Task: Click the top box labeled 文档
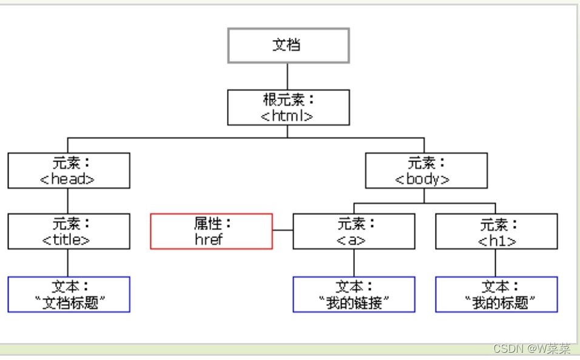[x=288, y=45]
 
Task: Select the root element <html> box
[x=288, y=107]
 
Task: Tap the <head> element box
[x=69, y=171]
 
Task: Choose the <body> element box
[x=425, y=171]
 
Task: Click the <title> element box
[x=69, y=231]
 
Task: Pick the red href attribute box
[x=211, y=231]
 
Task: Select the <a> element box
[x=354, y=231]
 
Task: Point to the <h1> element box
[x=496, y=231]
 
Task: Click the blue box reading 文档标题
[x=69, y=294]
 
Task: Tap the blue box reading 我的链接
[x=354, y=294]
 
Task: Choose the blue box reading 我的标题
[x=496, y=294]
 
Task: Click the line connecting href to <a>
[x=283, y=231]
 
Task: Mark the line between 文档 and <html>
[x=288, y=76]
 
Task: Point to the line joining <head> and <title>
[x=68, y=201]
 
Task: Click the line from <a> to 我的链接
[x=354, y=263]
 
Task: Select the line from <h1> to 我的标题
[x=496, y=263]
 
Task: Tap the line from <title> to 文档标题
[x=68, y=263]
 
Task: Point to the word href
[x=209, y=239]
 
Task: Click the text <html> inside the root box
[x=287, y=116]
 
